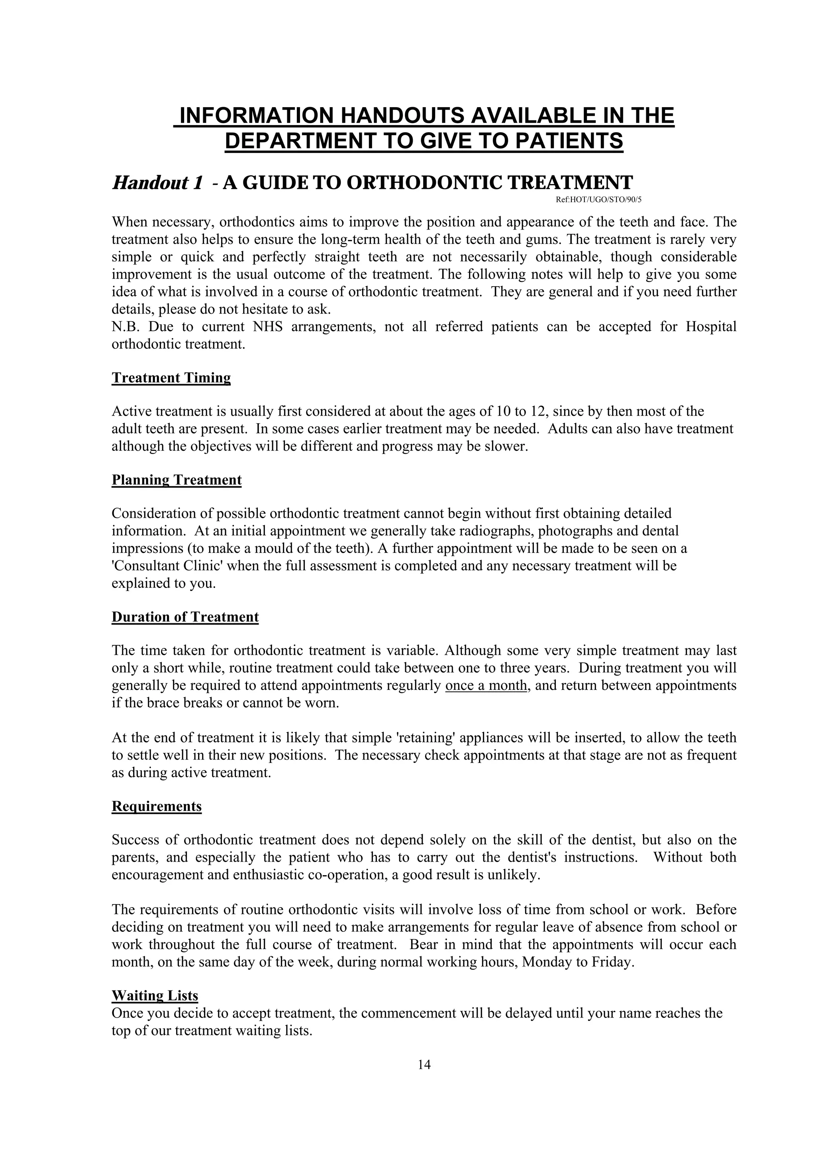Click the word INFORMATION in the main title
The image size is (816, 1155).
coord(257,116)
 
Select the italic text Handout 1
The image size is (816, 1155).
coord(157,183)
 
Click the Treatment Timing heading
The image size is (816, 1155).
coord(171,378)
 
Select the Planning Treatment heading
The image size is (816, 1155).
coord(177,480)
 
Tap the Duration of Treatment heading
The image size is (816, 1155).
coord(185,617)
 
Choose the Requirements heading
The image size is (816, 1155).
coord(156,806)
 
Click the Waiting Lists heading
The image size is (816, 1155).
coord(155,996)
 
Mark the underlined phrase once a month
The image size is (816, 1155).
coord(486,686)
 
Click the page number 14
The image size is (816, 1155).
coord(424,1065)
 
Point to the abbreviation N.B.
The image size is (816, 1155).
coord(125,327)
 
